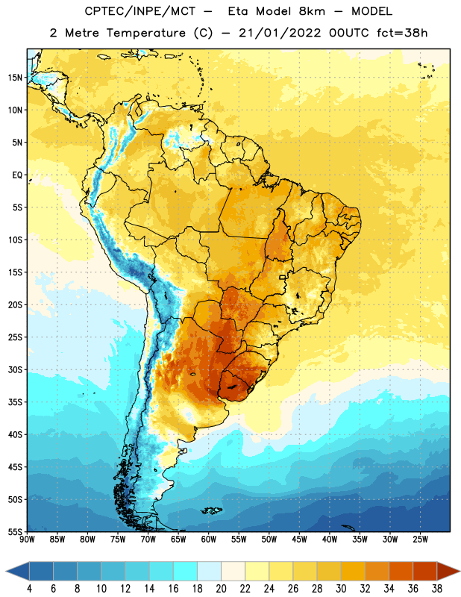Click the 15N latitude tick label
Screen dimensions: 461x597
[15, 78]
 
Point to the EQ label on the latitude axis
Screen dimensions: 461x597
[17, 175]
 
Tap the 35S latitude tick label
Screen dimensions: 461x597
[15, 402]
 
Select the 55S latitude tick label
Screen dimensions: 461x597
[15, 531]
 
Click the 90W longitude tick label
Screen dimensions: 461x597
[27, 540]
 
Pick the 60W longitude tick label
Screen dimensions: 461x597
[209, 540]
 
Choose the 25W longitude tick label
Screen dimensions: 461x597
[420, 540]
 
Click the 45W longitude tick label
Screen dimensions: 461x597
[299, 540]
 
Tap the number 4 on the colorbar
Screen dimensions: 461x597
[29, 589]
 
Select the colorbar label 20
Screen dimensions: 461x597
[221, 589]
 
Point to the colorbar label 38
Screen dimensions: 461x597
[437, 589]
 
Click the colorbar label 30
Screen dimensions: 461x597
[341, 589]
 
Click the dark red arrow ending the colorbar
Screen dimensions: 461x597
[448, 572]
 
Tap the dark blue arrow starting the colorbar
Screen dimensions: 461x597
[18, 572]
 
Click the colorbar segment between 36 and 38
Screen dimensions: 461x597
[425, 572]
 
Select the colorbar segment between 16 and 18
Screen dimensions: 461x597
[186, 572]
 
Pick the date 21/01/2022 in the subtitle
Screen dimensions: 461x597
[280, 33]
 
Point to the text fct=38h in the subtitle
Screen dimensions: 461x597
[402, 33]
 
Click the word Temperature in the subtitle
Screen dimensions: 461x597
[145, 34]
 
